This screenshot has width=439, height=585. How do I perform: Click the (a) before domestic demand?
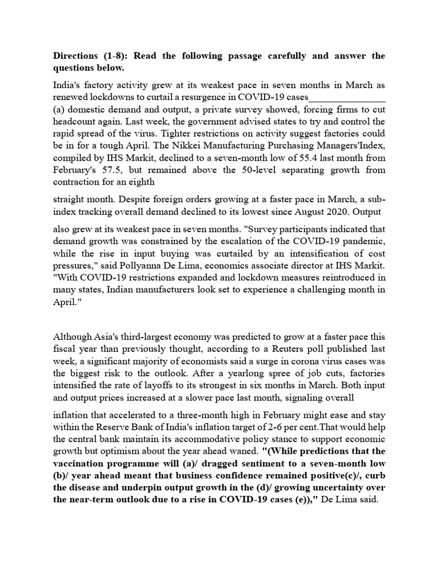pos(59,109)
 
